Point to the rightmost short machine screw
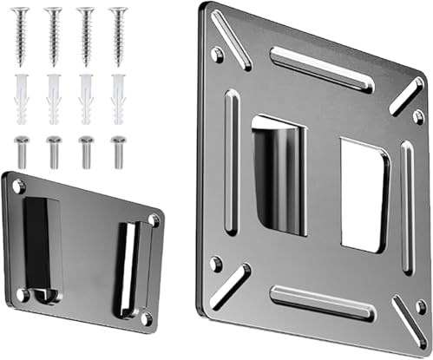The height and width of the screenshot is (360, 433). (118, 151)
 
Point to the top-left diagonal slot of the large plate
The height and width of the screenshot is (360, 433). (232, 39)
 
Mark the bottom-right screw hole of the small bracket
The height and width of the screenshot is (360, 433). (144, 319)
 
